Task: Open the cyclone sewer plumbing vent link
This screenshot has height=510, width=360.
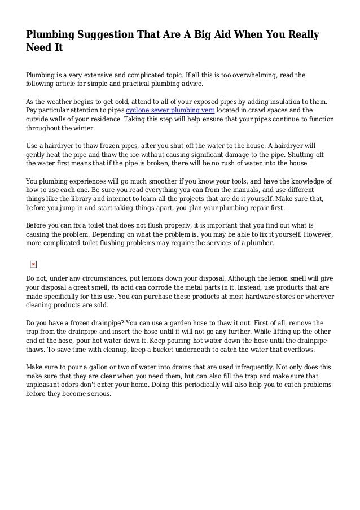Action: (x=168, y=111)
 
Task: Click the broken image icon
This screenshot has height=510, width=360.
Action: (x=33, y=264)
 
